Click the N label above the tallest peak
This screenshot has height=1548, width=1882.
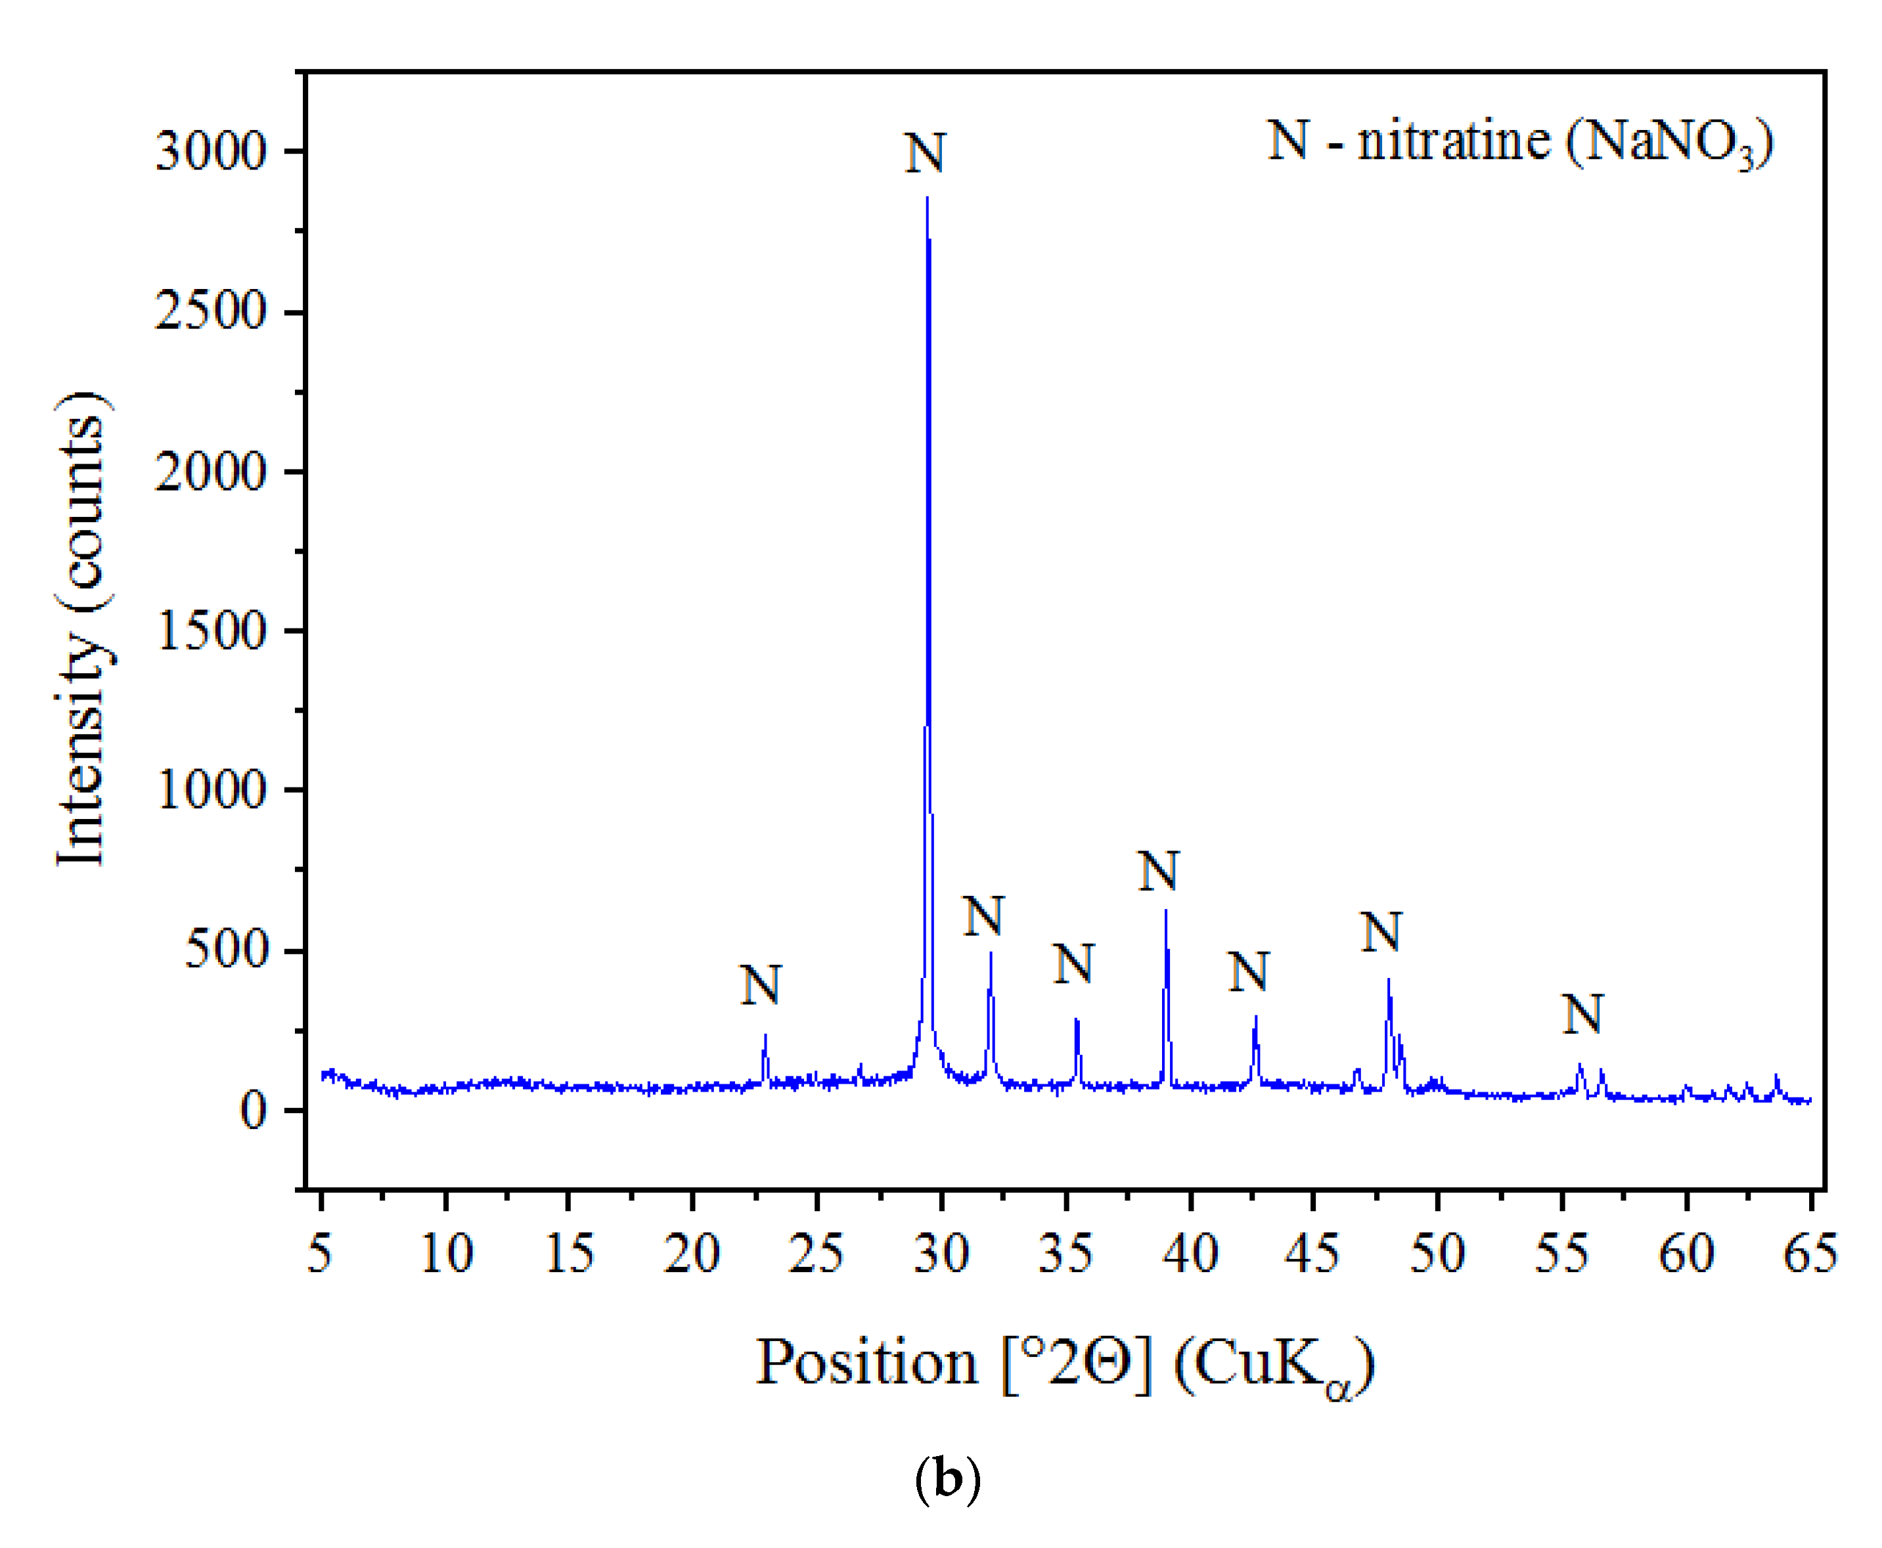[x=925, y=154]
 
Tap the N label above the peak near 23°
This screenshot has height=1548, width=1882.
[x=761, y=985]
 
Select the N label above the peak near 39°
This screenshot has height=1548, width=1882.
[x=1159, y=871]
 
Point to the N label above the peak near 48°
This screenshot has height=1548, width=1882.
[x=1381, y=933]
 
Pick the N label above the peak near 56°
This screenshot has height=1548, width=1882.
[x=1582, y=1015]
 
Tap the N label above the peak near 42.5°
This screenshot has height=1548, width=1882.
[x=1248, y=972]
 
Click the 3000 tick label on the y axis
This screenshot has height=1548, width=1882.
[x=210, y=152]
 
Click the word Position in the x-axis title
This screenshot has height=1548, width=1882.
[x=866, y=1363]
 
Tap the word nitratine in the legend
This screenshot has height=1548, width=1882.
[x=1453, y=141]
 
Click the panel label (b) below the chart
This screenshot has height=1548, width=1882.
[x=947, y=1481]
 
